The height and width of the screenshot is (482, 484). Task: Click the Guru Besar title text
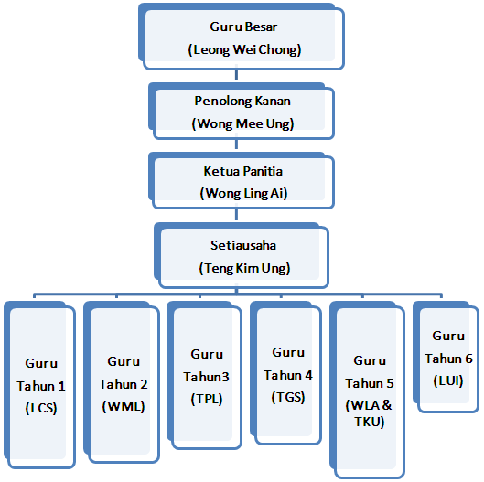pyautogui.click(x=243, y=27)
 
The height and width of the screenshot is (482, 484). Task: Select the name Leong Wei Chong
pyautogui.click(x=244, y=49)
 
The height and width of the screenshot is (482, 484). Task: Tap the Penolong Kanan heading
pyautogui.click(x=242, y=101)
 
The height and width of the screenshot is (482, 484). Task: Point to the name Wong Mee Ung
pyautogui.click(x=242, y=123)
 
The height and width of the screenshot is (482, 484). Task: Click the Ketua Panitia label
pyautogui.click(x=243, y=171)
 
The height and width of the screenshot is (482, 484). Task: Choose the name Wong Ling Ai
pyautogui.click(x=244, y=194)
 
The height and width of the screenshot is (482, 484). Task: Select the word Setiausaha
pyautogui.click(x=243, y=245)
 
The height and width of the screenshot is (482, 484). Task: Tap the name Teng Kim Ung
pyautogui.click(x=244, y=268)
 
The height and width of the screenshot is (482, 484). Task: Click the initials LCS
pyautogui.click(x=41, y=408)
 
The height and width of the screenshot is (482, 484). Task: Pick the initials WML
pyautogui.click(x=124, y=406)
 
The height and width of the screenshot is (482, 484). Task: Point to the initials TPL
pyautogui.click(x=207, y=400)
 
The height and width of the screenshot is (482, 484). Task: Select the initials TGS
pyautogui.click(x=288, y=397)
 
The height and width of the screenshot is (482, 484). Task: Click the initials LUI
pyautogui.click(x=448, y=380)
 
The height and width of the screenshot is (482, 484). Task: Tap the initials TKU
pyautogui.click(x=369, y=422)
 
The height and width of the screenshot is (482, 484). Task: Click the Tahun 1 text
pyautogui.click(x=41, y=386)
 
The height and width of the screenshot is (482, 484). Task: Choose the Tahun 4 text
pyautogui.click(x=288, y=375)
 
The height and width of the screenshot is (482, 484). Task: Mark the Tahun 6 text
pyautogui.click(x=448, y=359)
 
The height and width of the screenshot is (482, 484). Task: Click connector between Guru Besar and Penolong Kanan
pyautogui.click(x=236, y=74)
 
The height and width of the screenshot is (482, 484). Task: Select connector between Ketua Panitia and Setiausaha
pyautogui.click(x=236, y=213)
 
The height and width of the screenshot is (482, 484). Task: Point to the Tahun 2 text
pyautogui.click(x=124, y=384)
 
